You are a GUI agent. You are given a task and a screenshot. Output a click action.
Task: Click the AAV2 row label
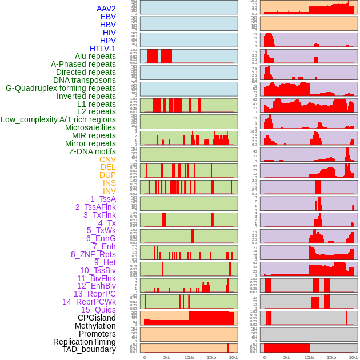[106, 9]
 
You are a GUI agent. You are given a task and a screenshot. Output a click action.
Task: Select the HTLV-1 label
[102, 49]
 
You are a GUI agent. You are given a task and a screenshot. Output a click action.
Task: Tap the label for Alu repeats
[95, 56]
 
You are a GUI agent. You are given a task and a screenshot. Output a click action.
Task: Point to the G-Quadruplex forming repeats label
[61, 88]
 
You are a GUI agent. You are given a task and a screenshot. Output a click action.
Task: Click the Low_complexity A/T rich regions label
[58, 119]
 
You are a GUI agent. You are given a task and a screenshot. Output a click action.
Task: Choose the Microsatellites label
[90, 127]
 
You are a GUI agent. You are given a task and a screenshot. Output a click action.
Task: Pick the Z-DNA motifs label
[93, 151]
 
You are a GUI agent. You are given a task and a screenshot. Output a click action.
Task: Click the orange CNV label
[107, 159]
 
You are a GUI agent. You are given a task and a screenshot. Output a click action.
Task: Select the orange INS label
[109, 183]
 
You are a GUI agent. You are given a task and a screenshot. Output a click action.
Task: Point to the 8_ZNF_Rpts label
[93, 254]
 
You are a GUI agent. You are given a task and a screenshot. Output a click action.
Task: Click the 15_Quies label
[98, 310]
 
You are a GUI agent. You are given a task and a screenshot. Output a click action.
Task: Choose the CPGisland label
[97, 318]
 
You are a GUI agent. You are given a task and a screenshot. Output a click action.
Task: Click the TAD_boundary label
[89, 349]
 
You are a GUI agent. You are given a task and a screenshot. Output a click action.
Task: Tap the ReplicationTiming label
[84, 342]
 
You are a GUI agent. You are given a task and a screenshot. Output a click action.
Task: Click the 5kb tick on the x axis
[167, 357]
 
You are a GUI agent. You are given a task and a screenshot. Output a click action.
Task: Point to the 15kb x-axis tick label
[211, 357]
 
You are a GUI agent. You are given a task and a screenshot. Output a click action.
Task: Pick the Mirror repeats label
[90, 143]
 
